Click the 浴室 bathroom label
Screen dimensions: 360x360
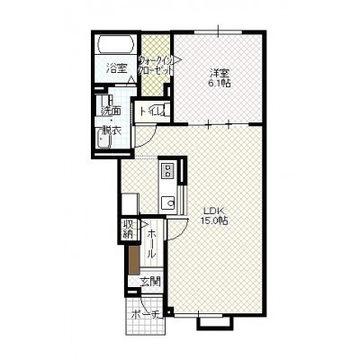coord(116,68)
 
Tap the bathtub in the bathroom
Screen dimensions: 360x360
coord(116,45)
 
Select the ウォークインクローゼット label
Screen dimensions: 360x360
coord(156,65)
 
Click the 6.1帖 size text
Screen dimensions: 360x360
coord(220,84)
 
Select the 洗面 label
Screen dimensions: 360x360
coord(111,111)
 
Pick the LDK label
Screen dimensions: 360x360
coord(213,210)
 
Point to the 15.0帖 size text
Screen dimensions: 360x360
coord(214,220)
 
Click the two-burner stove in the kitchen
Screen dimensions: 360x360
coord(167,171)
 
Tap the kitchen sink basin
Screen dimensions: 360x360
coord(167,203)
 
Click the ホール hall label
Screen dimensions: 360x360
coord(151,243)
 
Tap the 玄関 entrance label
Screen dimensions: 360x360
coord(150,282)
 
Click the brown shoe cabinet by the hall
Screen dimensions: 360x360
coord(134,260)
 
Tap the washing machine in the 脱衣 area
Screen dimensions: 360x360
coord(103,139)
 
